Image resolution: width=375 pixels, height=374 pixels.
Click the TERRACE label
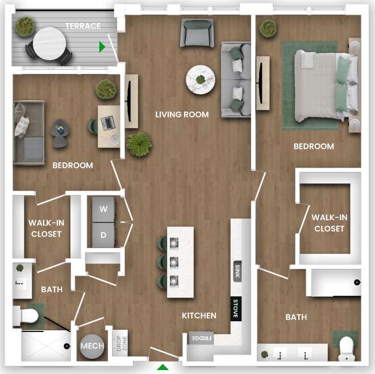[83, 26]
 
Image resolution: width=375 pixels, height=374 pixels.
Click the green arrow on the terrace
[102, 47]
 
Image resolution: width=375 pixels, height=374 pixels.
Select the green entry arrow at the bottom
[163, 367]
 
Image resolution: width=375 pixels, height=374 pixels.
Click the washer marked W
[103, 209]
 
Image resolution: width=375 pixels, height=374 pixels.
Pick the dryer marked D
[103, 234]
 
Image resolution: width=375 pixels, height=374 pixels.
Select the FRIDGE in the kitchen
[201, 338]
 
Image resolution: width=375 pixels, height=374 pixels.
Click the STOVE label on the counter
[236, 309]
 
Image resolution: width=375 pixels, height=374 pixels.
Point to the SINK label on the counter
[237, 271]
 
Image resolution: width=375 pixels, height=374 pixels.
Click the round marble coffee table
[201, 79]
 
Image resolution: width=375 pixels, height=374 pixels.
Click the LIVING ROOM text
[182, 114]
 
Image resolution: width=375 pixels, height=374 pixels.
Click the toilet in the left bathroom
[28, 315]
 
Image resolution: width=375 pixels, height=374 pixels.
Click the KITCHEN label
[199, 316]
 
